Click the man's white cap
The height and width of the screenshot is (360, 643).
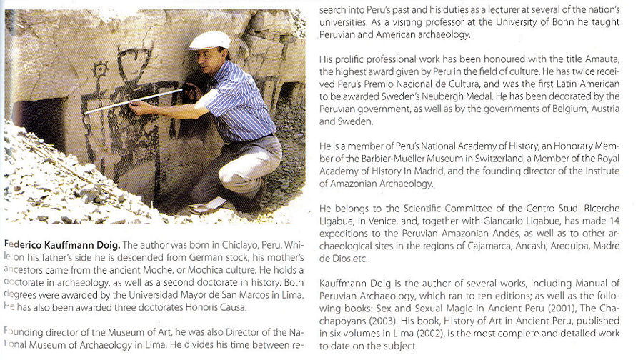tap(209, 40)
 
